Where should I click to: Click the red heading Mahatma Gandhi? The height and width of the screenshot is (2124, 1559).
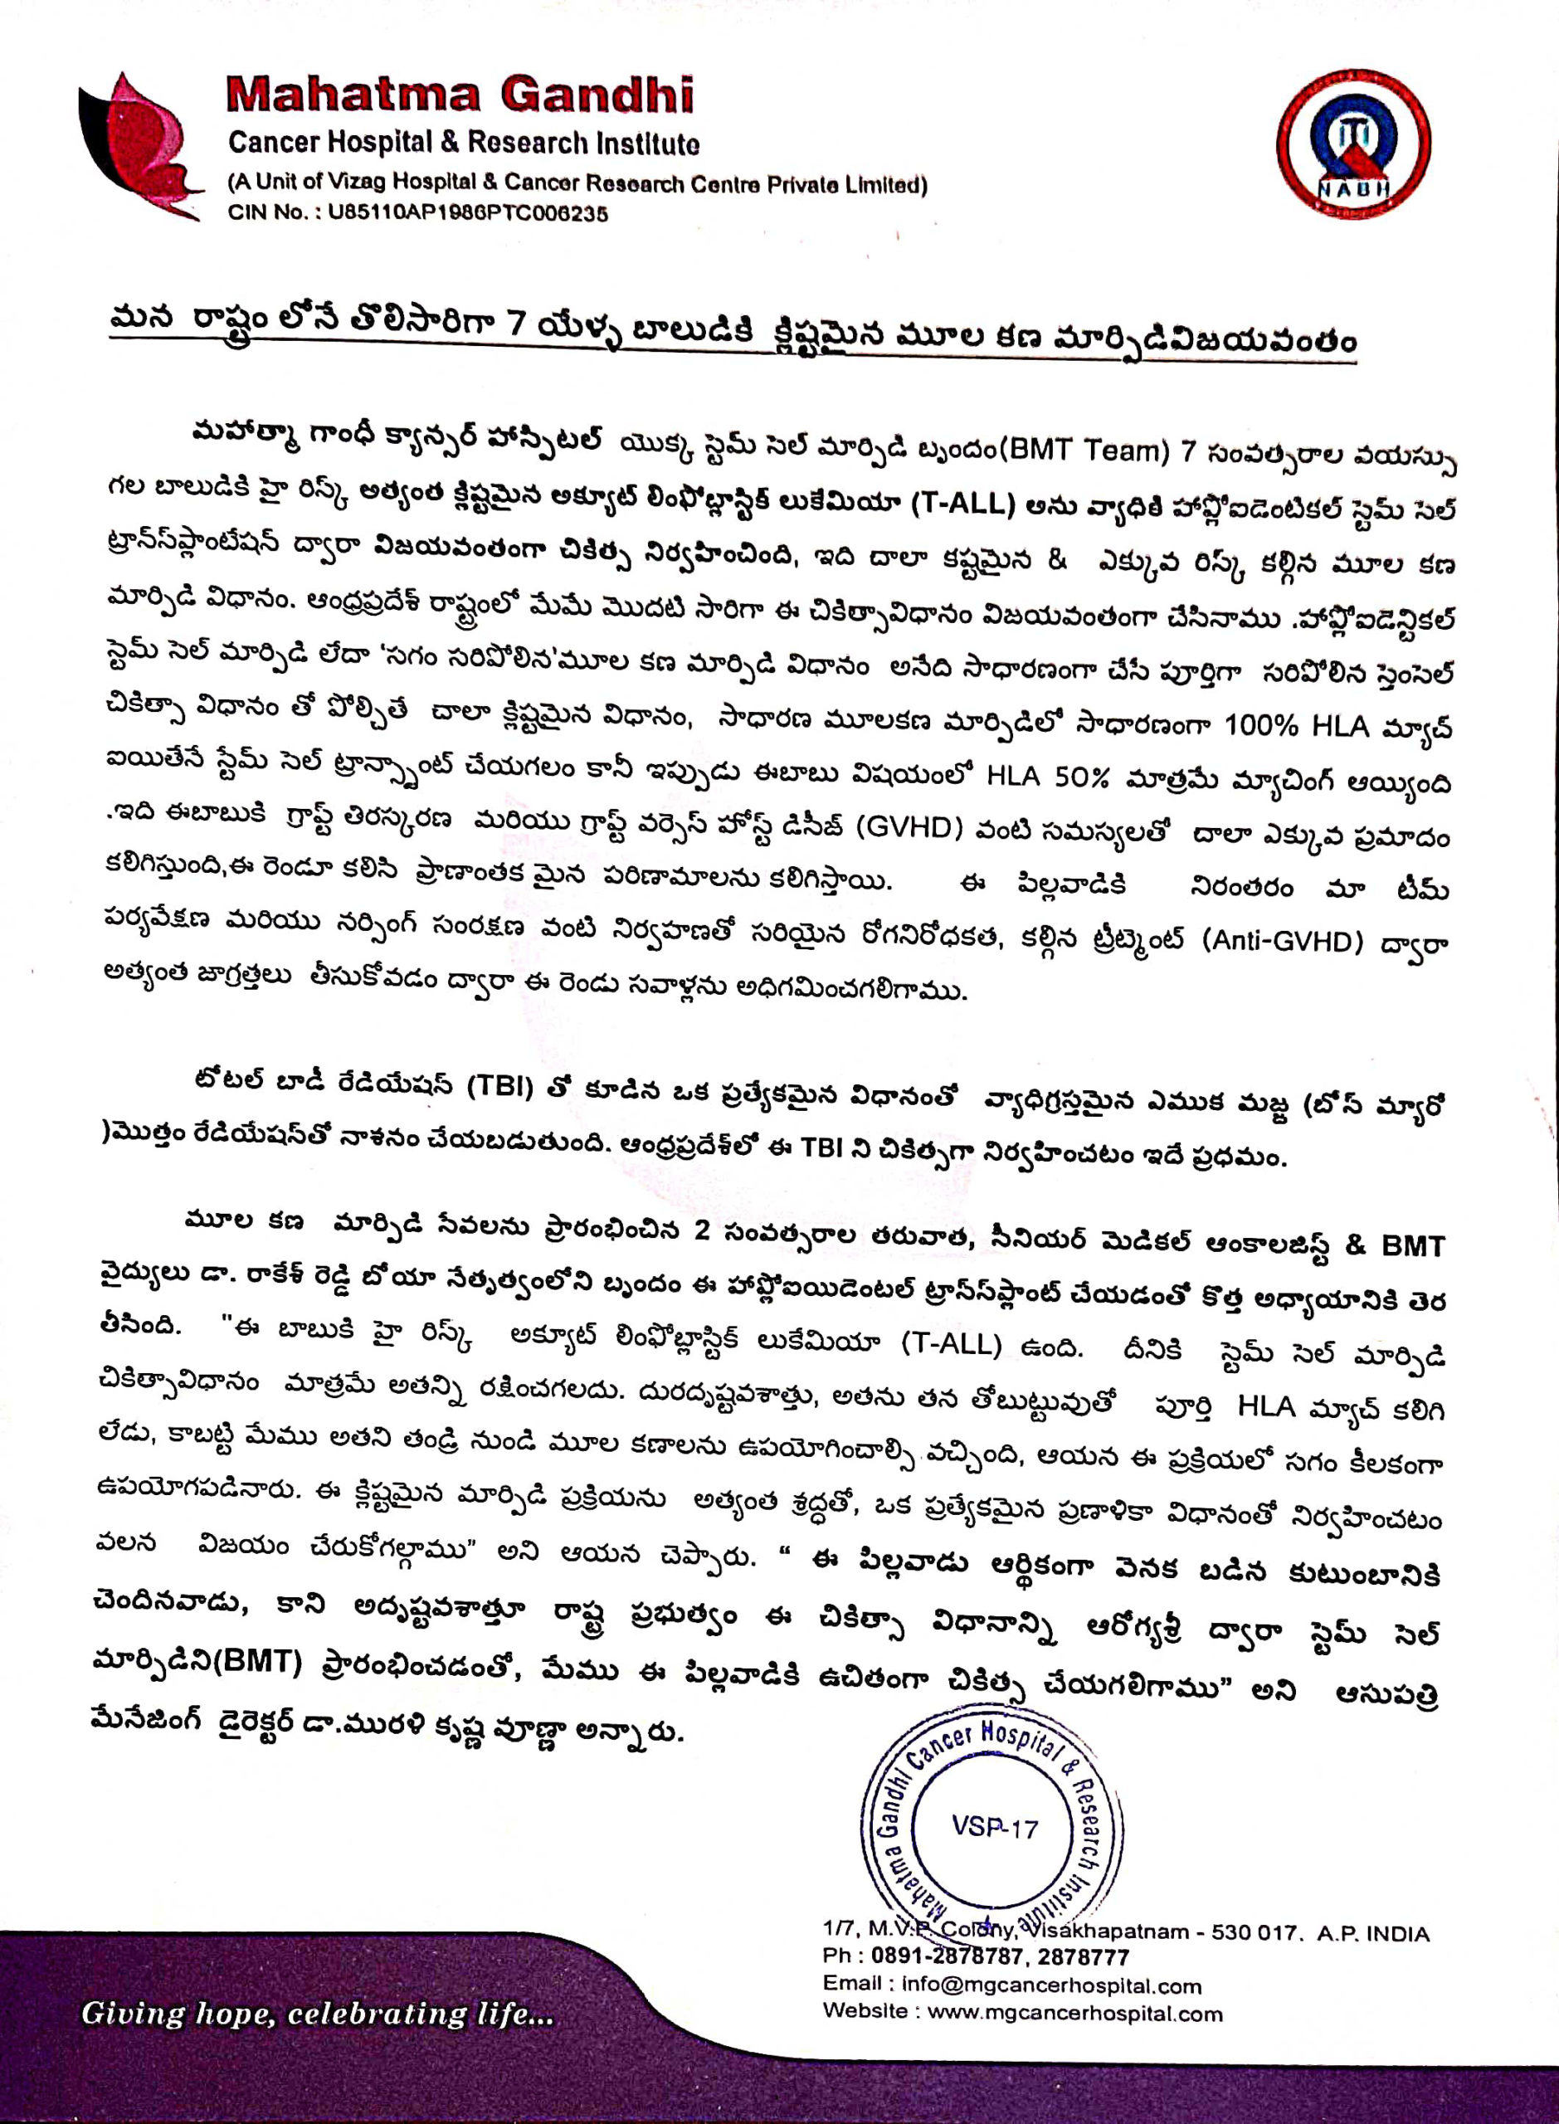click(x=460, y=95)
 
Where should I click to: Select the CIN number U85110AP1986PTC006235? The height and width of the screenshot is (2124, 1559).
click(x=467, y=213)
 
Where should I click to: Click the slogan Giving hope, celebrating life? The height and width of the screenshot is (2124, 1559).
click(x=317, y=2014)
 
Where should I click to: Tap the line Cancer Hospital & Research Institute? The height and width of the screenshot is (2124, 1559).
click(x=463, y=144)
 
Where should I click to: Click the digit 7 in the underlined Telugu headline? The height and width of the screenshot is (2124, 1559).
click(x=514, y=323)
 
